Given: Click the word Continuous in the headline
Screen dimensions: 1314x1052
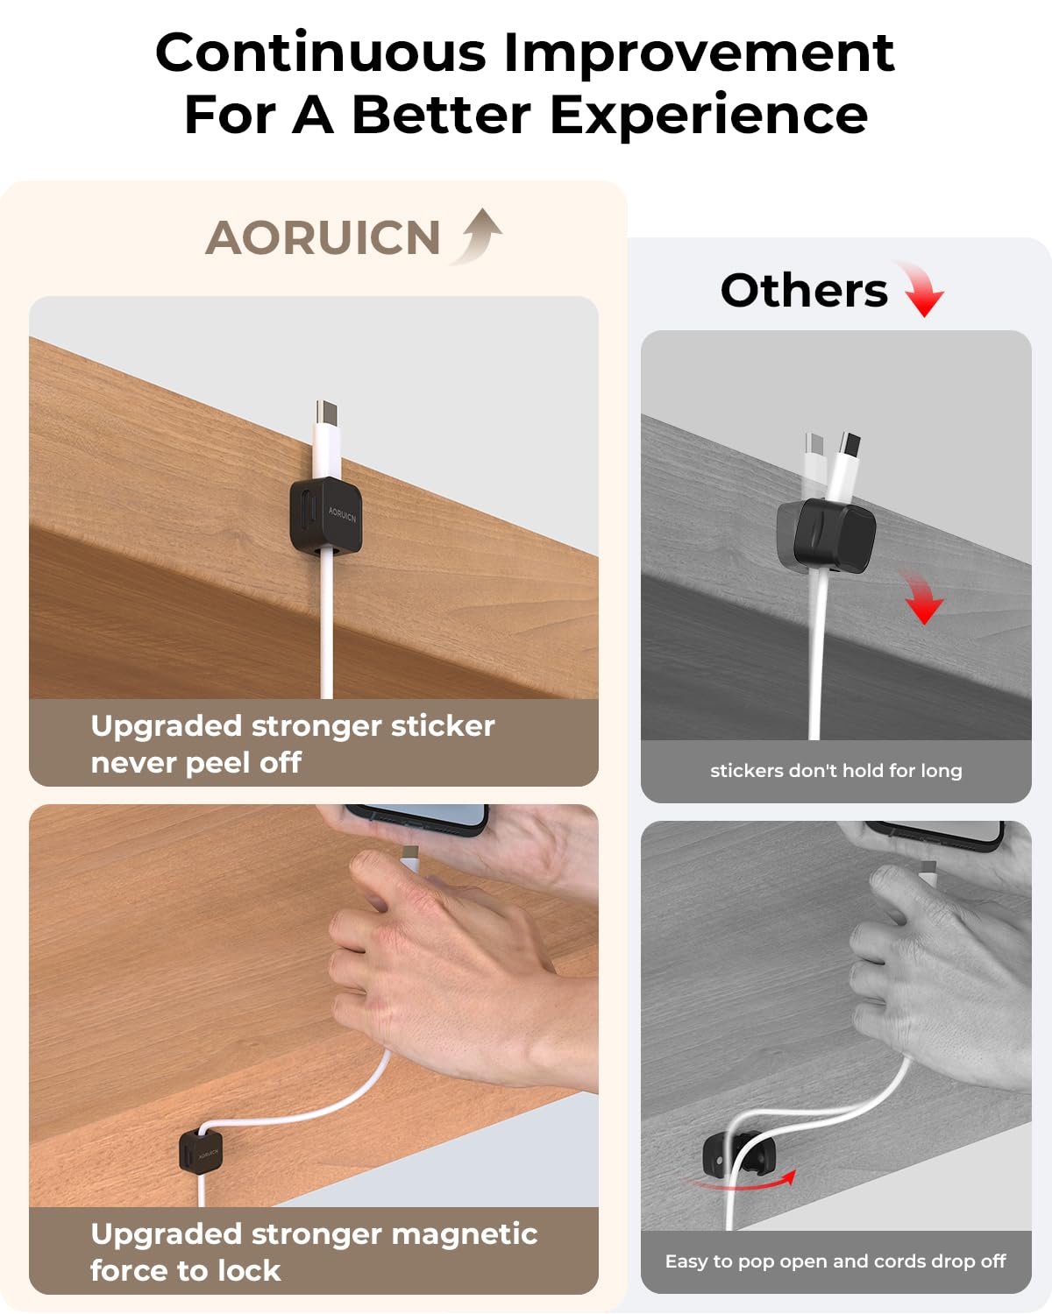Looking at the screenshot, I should (320, 53).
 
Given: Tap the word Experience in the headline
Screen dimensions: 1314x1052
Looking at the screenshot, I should (708, 116).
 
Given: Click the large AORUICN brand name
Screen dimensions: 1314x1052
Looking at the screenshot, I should (323, 238).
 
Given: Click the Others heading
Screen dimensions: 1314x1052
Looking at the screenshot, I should (804, 290).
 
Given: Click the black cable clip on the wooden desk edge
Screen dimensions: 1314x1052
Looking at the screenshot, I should (325, 516).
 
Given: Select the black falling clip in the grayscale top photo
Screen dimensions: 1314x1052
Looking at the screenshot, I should (826, 535).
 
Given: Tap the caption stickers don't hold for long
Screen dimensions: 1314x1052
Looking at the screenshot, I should (835, 771).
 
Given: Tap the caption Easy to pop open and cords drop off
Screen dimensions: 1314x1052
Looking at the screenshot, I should (835, 1261).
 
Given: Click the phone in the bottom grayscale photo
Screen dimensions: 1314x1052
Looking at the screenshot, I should (938, 833).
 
